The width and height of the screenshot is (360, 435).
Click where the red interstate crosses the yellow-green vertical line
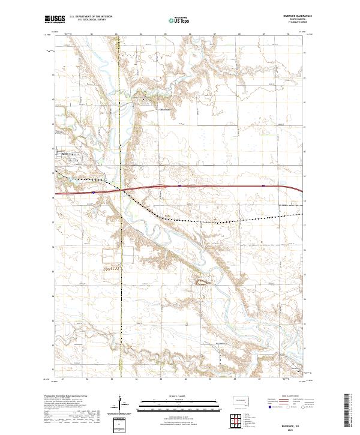pos(121,190)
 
